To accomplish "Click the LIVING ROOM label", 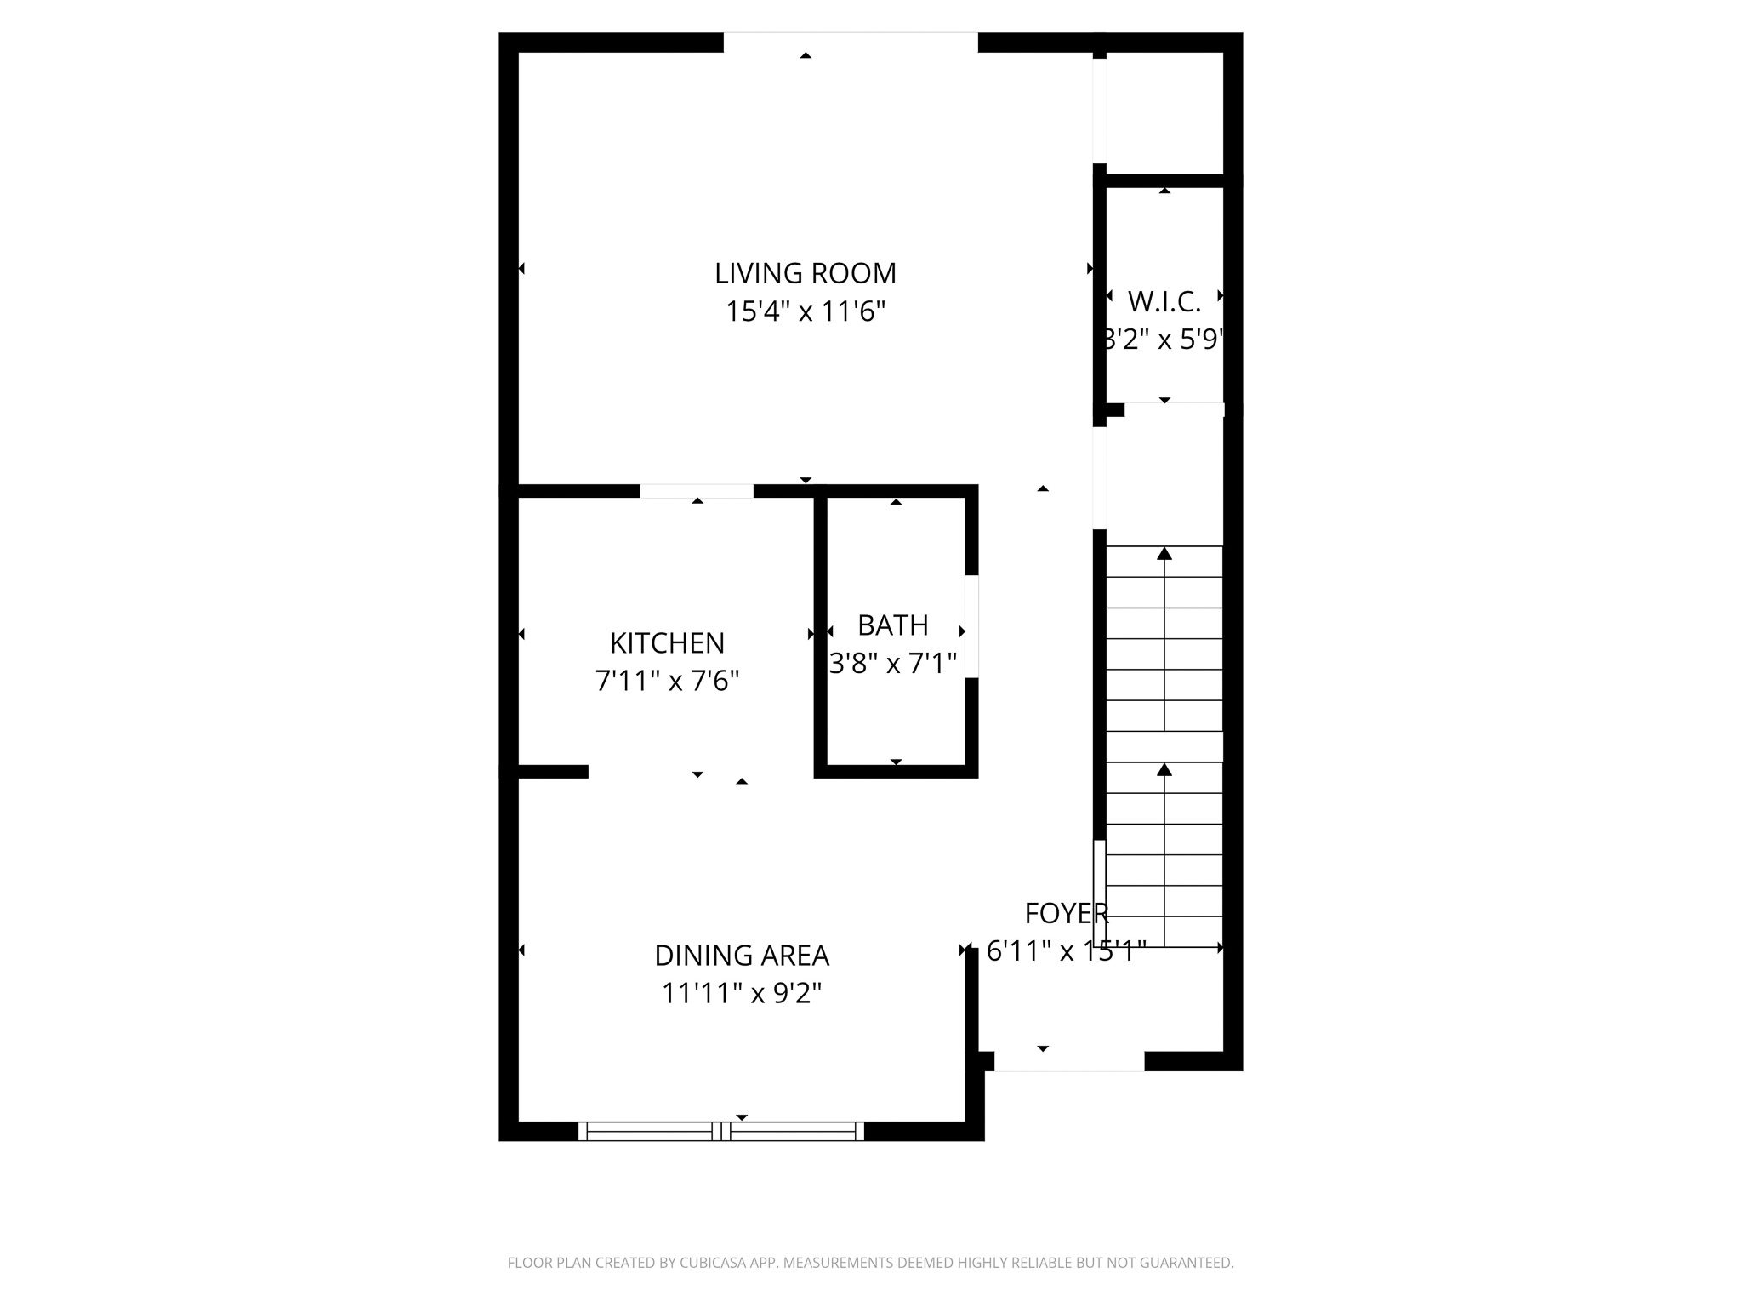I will pos(805,273).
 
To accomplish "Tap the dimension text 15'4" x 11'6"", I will pos(805,311).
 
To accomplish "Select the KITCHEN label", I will pos(667,642).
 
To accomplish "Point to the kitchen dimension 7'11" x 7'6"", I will pos(667,681).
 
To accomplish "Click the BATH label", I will pos(892,625).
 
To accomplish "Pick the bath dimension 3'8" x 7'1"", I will pos(892,663).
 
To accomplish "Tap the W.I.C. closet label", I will pos(1164,301).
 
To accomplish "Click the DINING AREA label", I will pos(741,956).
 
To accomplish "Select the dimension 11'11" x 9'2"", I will pos(741,993).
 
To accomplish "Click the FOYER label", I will pos(1066,913).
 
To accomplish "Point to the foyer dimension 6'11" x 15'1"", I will pos(1066,950).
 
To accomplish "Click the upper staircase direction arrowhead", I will pos(1164,554).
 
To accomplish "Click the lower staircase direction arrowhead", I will pos(1164,769).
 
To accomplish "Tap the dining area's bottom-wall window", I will pos(721,1131).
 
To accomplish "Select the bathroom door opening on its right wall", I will pos(971,626).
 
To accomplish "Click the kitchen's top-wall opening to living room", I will pos(696,491).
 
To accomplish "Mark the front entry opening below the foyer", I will pos(1068,1063).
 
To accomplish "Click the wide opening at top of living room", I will pos(851,42).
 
